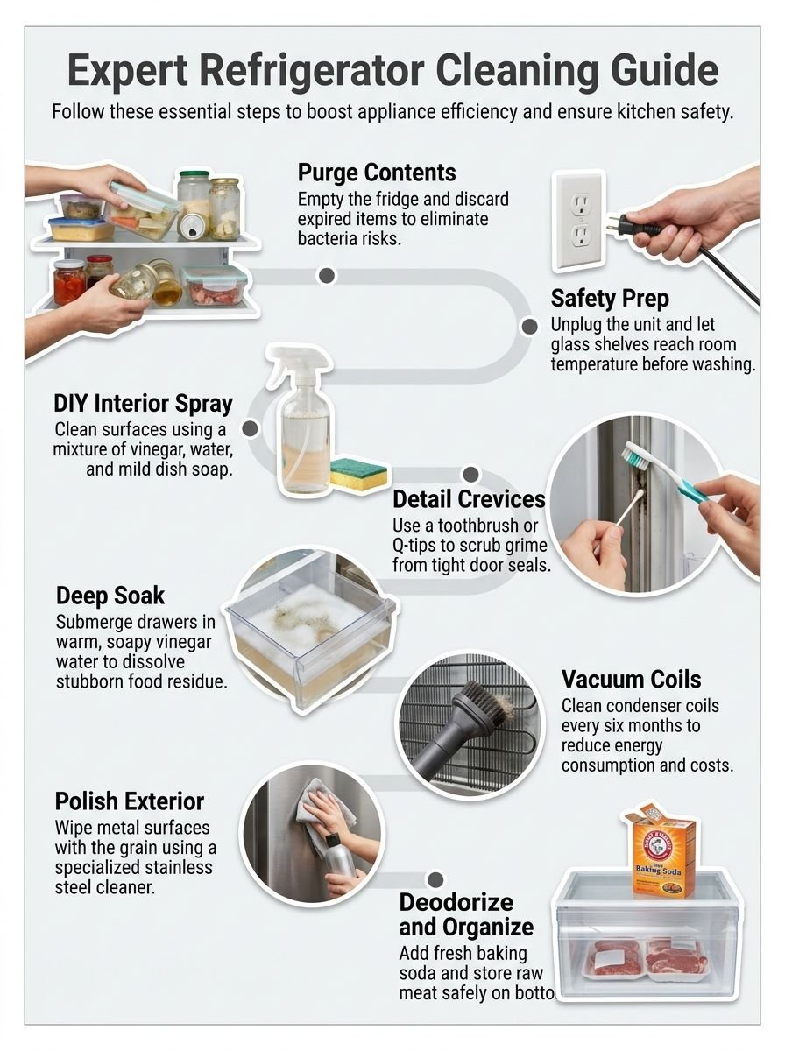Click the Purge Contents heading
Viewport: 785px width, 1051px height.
[377, 172]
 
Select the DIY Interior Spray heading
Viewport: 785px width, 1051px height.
[143, 404]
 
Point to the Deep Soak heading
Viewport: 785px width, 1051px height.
[111, 596]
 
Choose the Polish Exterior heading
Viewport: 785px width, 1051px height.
[130, 801]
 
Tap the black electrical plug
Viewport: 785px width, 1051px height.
[639, 224]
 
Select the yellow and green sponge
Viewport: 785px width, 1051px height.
[358, 473]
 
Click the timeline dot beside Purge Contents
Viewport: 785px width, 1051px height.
[327, 276]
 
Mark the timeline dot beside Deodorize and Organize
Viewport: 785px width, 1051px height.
[434, 878]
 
